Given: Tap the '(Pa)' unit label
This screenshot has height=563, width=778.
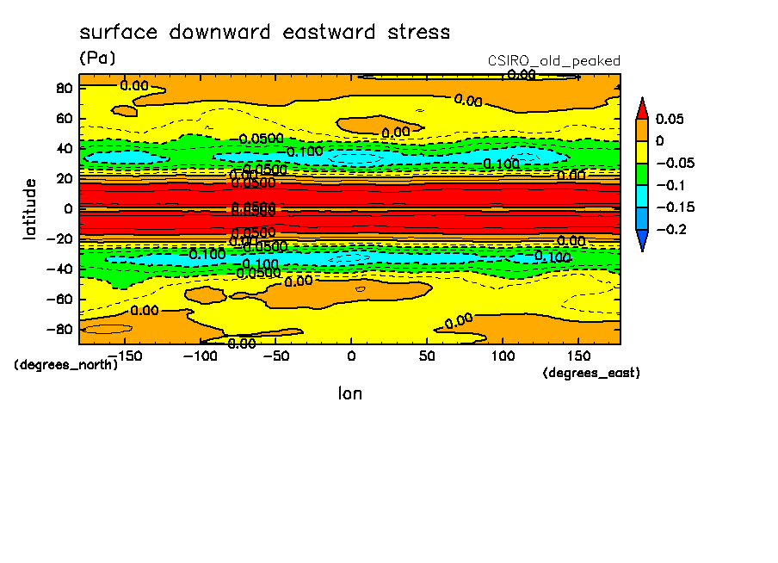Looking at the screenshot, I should pyautogui.click(x=96, y=58).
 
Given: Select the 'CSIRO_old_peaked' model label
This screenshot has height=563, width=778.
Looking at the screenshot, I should pyautogui.click(x=554, y=60).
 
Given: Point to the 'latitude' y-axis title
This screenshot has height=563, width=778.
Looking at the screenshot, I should pyautogui.click(x=30, y=208).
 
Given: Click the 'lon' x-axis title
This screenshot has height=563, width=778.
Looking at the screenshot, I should pyautogui.click(x=349, y=393).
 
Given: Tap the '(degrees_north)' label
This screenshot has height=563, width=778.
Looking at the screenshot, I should pyautogui.click(x=65, y=364).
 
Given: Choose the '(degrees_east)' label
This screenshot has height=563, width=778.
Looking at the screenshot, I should pyautogui.click(x=592, y=373).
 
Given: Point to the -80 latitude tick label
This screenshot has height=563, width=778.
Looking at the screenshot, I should pyautogui.click(x=60, y=329).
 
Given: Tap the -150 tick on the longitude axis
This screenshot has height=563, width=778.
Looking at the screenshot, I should pyautogui.click(x=124, y=355).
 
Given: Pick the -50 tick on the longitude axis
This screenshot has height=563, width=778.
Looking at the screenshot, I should pyautogui.click(x=275, y=355).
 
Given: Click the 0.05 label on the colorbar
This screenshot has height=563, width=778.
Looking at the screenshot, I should pyautogui.click(x=670, y=119).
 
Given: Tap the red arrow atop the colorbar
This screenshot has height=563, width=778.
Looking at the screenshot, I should pyautogui.click(x=641, y=108).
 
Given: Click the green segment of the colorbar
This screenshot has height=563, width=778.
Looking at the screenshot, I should pyautogui.click(x=641, y=174).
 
